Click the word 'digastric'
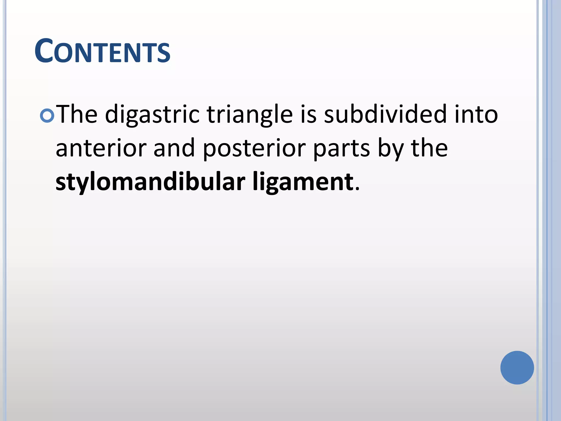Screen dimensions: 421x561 point(152,115)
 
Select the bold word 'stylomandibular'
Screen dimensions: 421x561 point(150,182)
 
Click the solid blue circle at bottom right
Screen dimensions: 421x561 point(517,368)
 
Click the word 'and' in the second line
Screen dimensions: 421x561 point(174,148)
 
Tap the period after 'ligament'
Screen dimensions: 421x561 point(357,189)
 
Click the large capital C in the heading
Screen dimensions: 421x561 point(44,51)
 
